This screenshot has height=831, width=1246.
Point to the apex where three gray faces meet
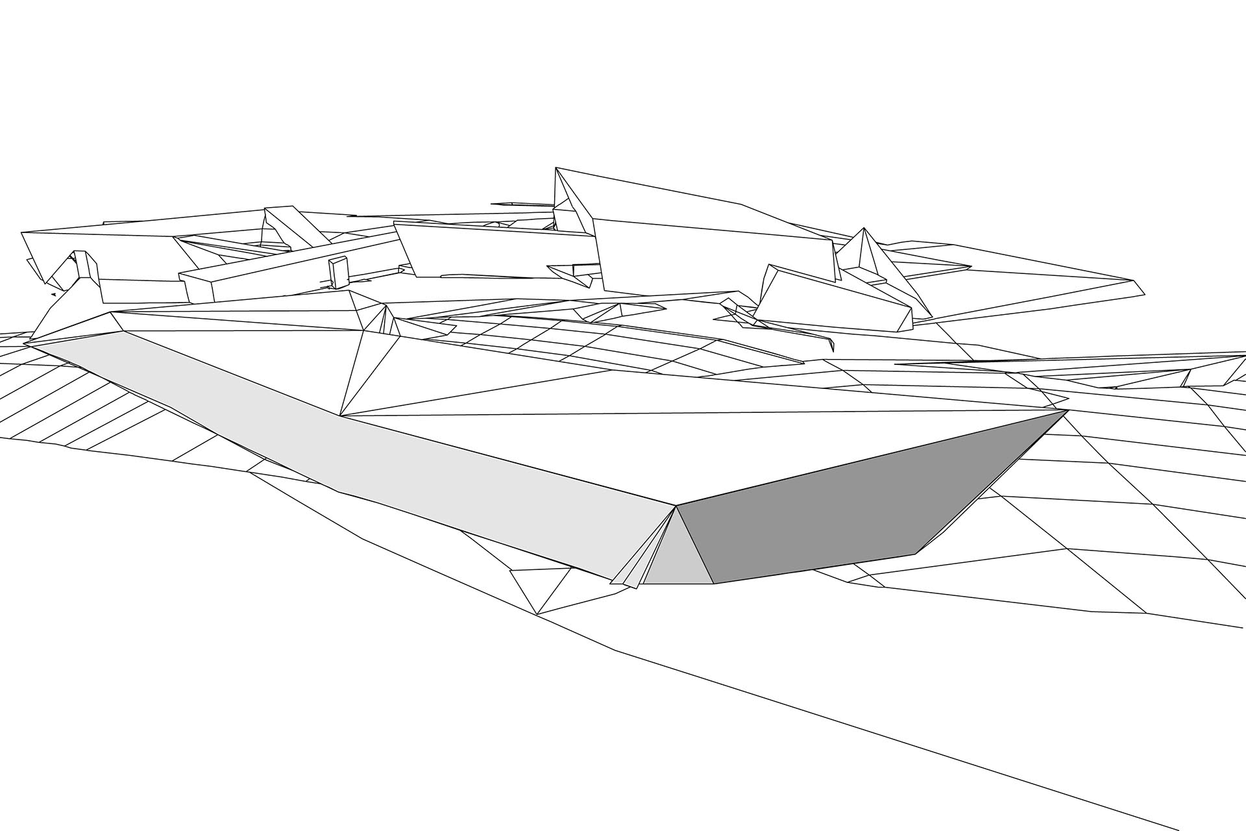point(676,506)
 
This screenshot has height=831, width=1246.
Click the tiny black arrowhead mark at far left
point(53,294)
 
